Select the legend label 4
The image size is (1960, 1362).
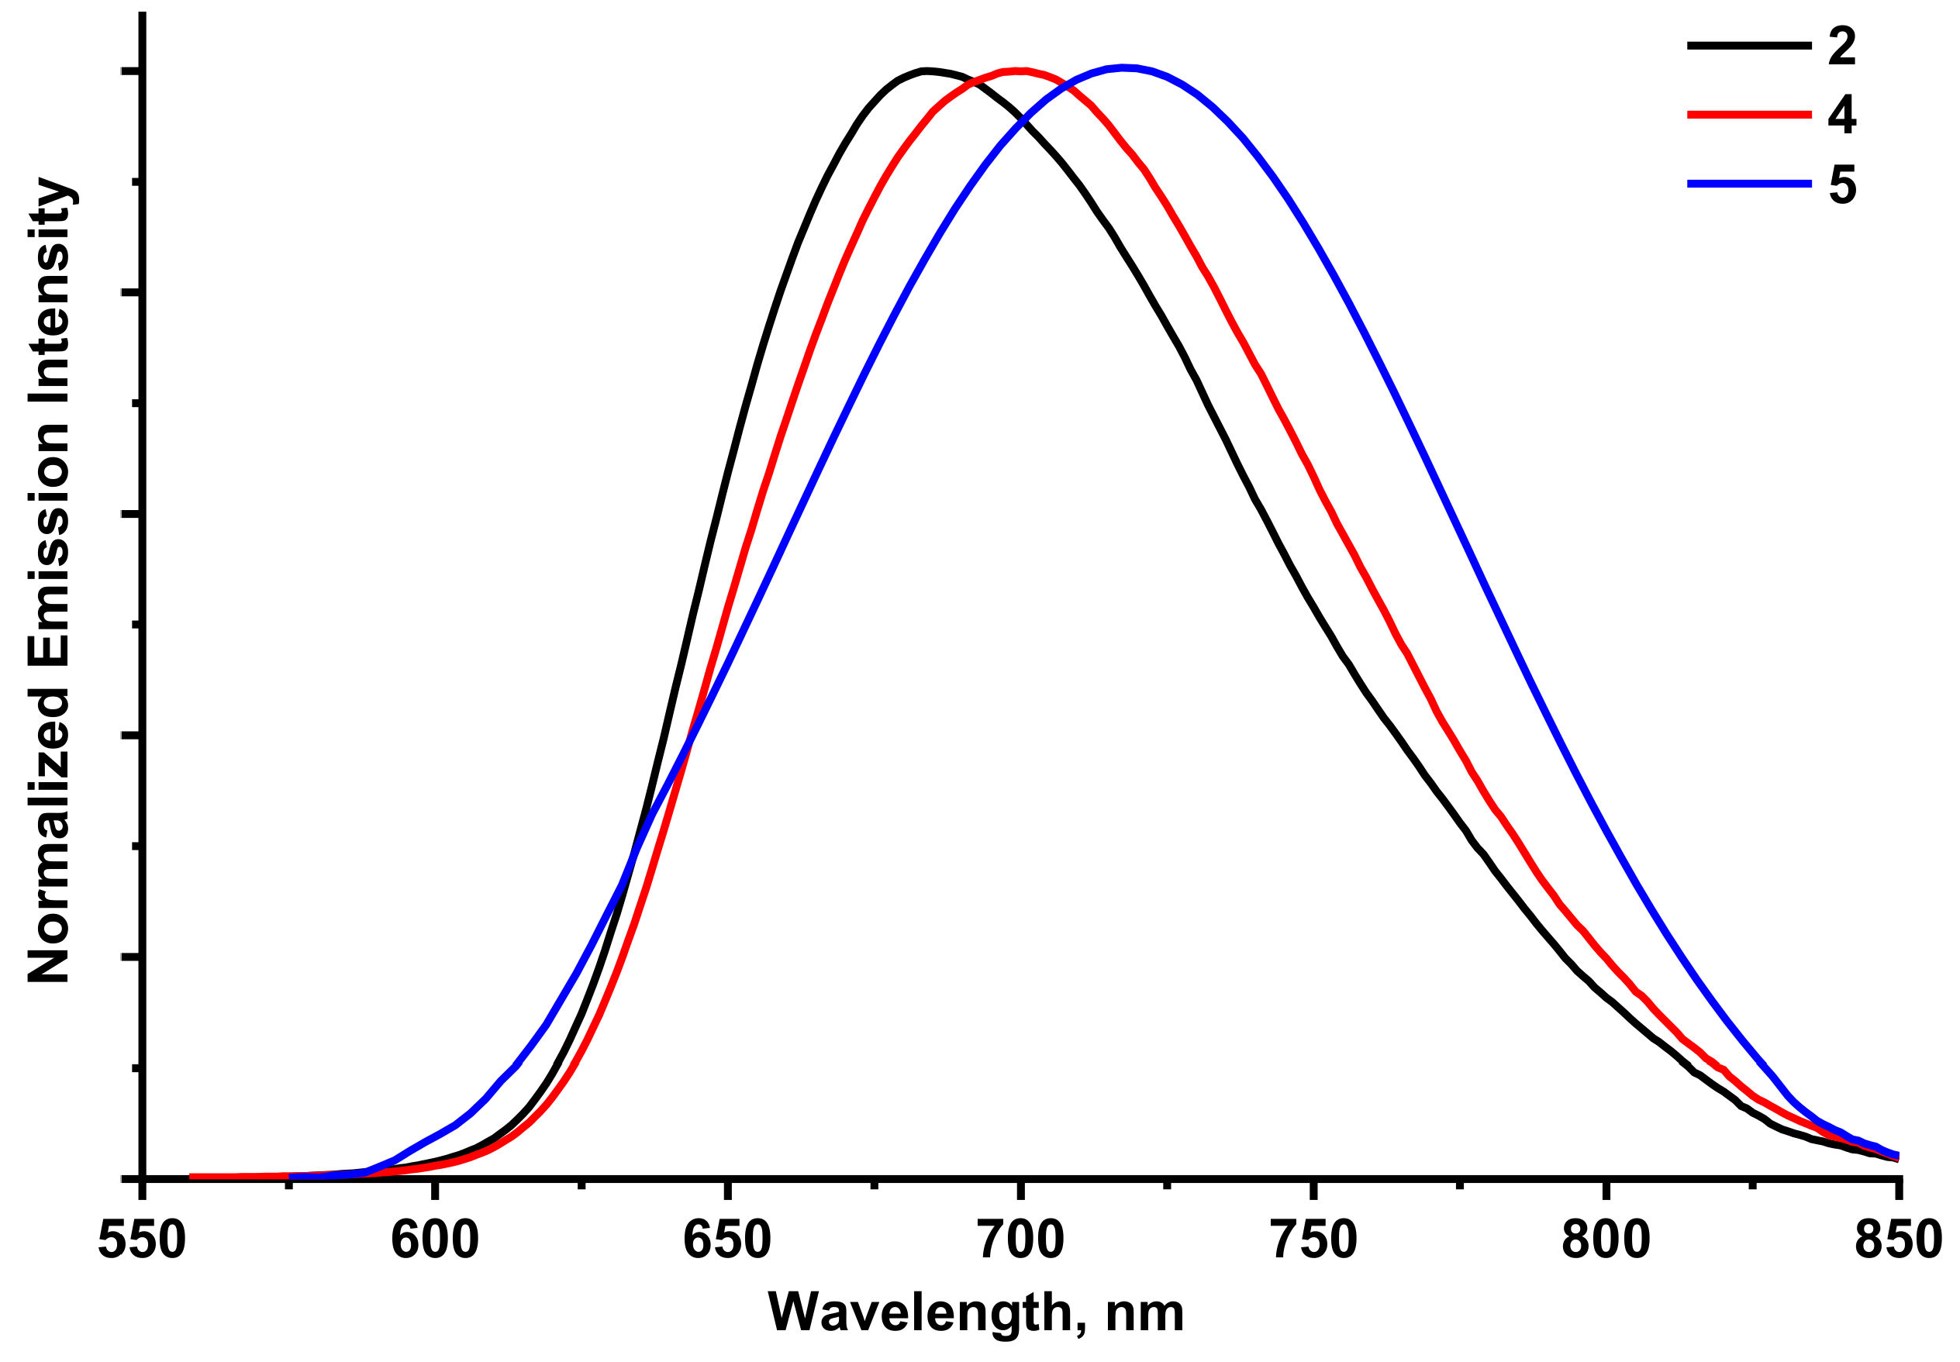click(1841, 115)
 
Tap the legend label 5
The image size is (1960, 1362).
click(1842, 184)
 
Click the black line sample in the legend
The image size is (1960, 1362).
click(1748, 45)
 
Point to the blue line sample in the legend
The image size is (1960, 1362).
click(1748, 184)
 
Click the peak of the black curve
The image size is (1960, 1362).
click(925, 70)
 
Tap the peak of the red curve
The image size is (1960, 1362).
click(1020, 70)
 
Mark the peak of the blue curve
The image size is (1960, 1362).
click(1125, 67)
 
